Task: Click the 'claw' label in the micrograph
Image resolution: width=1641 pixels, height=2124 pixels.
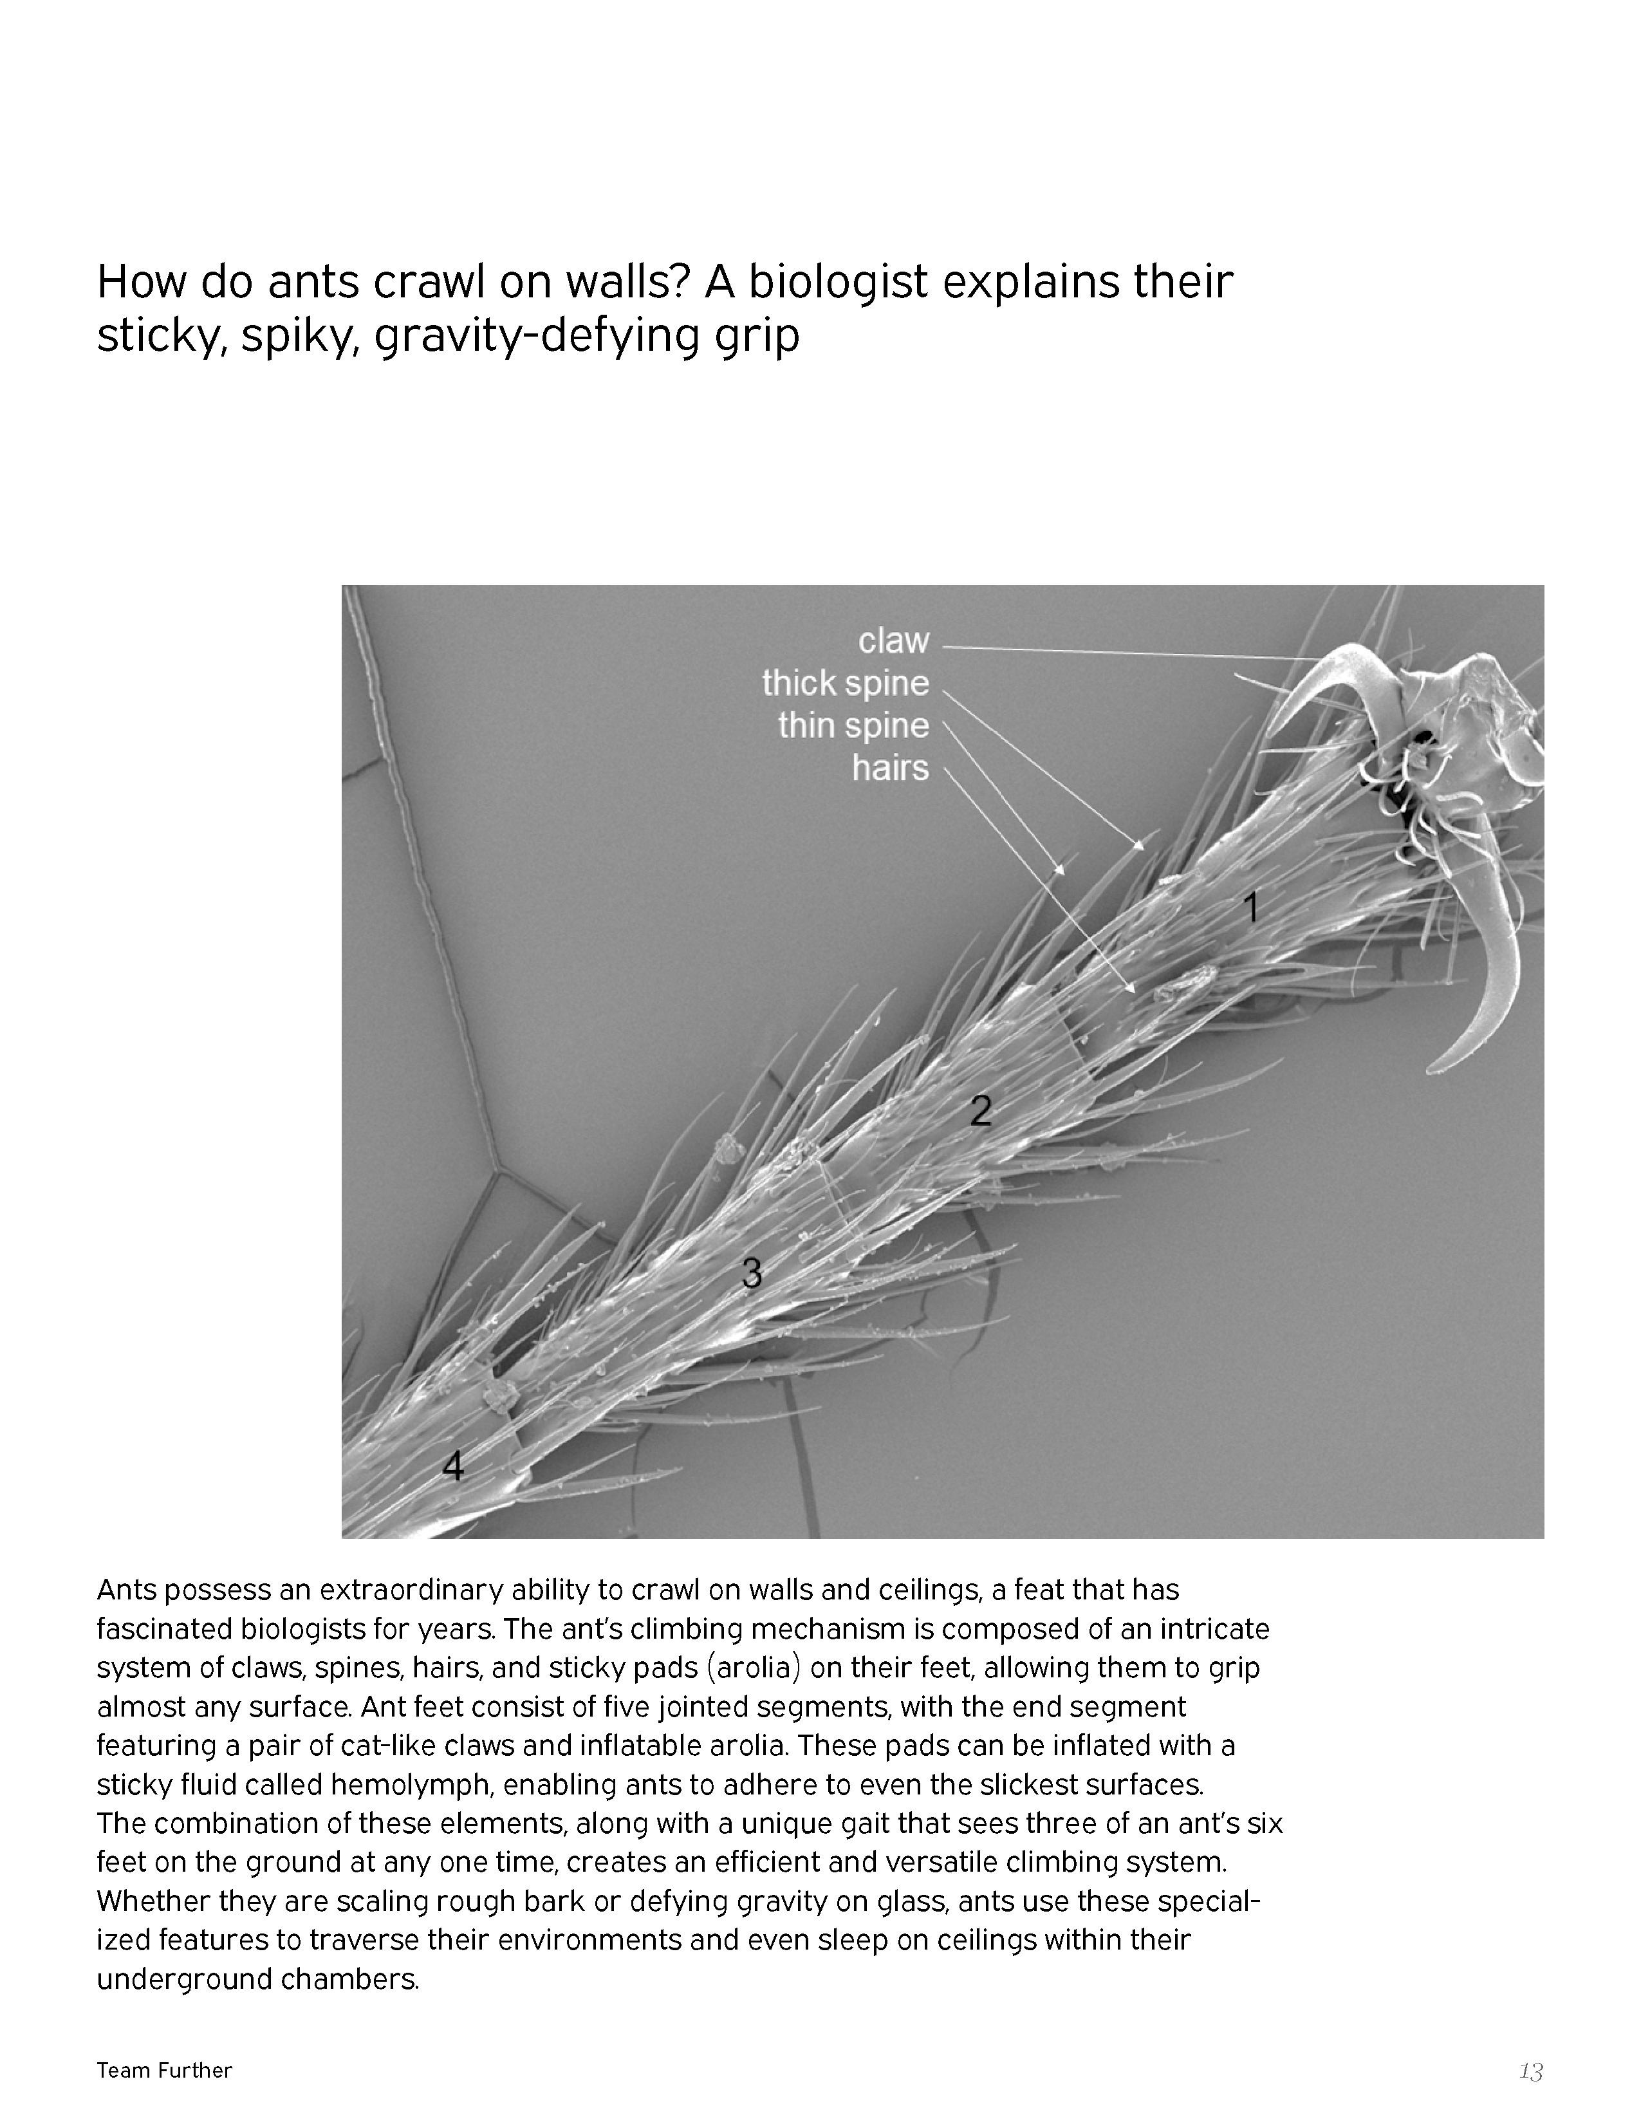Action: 893,641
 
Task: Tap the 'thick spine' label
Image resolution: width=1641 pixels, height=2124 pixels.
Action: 845,684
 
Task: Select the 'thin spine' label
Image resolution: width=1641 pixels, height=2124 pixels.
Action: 853,725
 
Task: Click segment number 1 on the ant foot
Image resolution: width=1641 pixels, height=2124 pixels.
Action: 1252,908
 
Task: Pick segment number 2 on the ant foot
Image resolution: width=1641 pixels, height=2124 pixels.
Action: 981,1111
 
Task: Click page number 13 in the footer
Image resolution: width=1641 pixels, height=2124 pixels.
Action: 1531,2071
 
